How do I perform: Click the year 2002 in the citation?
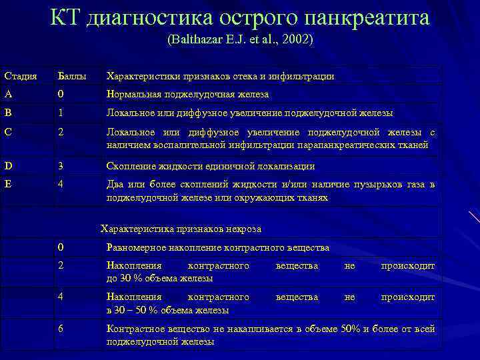pyautogui.click(x=297, y=40)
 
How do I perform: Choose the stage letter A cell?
pyautogui.click(x=7, y=95)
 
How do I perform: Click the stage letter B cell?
pyautogui.click(x=7, y=113)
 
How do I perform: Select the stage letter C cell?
pyautogui.click(x=7, y=132)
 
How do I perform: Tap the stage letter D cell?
pyautogui.click(x=7, y=165)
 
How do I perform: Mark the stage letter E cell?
pyautogui.click(x=7, y=184)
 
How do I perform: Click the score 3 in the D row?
pyautogui.click(x=61, y=165)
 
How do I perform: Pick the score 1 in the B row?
pyautogui.click(x=61, y=113)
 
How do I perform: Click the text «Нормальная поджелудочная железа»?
pyautogui.click(x=187, y=95)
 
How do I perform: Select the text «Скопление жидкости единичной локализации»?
pyautogui.click(x=211, y=166)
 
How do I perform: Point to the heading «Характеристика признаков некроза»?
pyautogui.click(x=181, y=229)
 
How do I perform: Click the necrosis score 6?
pyautogui.click(x=61, y=329)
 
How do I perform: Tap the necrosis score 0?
pyautogui.click(x=61, y=247)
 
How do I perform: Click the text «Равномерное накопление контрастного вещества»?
pyautogui.click(x=217, y=247)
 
